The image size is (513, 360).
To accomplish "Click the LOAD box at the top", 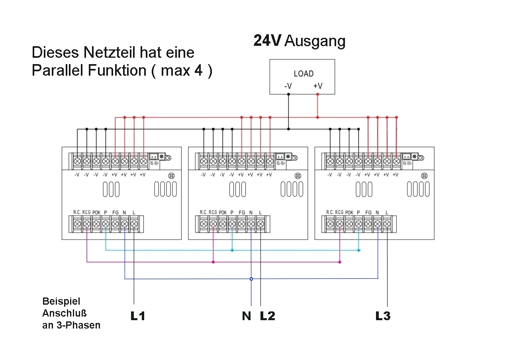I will [x=302, y=76].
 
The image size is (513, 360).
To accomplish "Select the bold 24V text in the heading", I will [x=267, y=41].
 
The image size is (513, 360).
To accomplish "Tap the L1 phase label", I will [x=138, y=316].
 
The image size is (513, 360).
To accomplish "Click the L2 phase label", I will [x=267, y=316].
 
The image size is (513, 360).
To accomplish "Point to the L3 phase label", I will [x=383, y=316].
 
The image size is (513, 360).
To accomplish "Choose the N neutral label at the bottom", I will [x=247, y=316].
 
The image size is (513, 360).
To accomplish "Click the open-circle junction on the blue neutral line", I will [x=251, y=279].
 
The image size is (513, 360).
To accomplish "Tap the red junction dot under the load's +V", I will [x=317, y=117].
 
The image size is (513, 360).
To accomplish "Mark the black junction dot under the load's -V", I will [x=288, y=129].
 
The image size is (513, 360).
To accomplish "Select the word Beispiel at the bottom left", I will [x=61, y=301].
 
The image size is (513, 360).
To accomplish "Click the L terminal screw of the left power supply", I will [x=134, y=224].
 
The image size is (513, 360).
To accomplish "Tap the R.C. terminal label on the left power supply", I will [x=77, y=212].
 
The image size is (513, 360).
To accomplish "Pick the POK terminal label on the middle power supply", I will [x=223, y=212].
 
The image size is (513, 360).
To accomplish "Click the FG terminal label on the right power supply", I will [x=368, y=212].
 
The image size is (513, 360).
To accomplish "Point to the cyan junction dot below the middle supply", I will [x=232, y=250].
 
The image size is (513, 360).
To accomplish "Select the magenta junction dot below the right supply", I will [x=339, y=262].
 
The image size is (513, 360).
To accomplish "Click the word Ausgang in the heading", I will [x=315, y=41].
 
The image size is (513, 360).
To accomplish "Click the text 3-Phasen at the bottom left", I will [x=71, y=325].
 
